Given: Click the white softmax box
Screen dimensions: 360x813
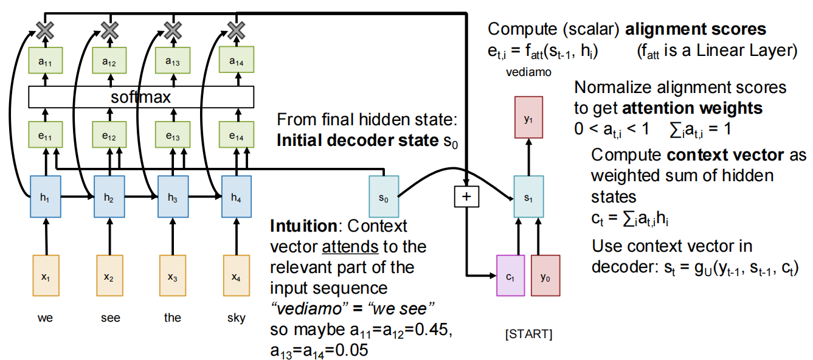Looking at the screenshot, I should [141, 97].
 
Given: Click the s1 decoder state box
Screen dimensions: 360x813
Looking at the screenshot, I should [528, 197].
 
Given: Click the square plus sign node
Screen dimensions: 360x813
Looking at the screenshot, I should [466, 196].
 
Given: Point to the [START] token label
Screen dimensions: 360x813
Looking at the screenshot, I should [528, 334].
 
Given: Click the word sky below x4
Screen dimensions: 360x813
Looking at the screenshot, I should [236, 318].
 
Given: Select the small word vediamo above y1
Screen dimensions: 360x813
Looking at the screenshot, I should [528, 72].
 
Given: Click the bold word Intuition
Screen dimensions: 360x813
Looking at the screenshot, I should [303, 227].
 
